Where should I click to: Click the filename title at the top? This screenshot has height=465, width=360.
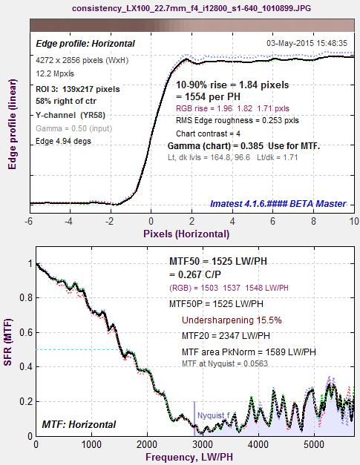pos(192,8)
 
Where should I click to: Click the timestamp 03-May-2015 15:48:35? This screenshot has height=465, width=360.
pos(307,43)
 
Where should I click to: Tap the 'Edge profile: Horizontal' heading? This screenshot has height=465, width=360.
pos(85,44)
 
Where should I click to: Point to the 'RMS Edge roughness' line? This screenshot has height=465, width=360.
pos(238,120)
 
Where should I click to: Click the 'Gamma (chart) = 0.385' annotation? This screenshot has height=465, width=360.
pos(215,146)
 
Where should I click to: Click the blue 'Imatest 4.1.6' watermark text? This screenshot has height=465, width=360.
pos(278,204)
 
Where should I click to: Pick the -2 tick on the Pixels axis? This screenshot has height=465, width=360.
pos(110,222)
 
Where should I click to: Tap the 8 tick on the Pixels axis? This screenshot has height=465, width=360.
pos(313,222)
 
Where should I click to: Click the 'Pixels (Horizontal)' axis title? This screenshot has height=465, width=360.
pos(186,234)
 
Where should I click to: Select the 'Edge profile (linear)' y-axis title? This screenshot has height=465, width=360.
pos(12,125)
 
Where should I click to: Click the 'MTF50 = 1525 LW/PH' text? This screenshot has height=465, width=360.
pos(218,261)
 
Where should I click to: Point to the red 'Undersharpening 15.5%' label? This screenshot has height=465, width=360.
pos(232,320)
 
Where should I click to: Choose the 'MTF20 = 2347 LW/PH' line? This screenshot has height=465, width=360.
pos(226,336)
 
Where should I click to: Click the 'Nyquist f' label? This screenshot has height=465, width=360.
pos(213,415)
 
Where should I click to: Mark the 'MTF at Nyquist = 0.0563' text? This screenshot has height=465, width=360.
pos(225,363)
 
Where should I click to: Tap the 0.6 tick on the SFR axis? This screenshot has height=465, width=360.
pos(26,332)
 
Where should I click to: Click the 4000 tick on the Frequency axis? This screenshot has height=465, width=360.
pos(258,444)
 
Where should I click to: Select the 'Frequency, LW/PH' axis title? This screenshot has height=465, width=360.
pos(189,457)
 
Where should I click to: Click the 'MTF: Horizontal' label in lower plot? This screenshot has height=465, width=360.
pos(79,424)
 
